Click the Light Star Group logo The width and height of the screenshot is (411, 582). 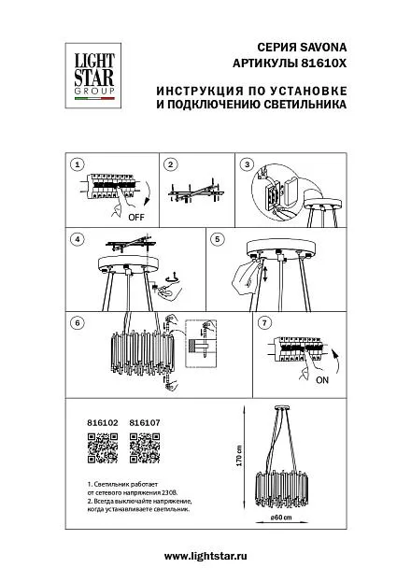[93, 76]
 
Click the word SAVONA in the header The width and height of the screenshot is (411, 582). [323, 47]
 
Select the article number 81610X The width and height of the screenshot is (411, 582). [322, 64]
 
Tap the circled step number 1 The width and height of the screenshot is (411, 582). [78, 164]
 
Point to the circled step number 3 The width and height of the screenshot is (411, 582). [247, 164]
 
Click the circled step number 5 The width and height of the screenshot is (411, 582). [218, 239]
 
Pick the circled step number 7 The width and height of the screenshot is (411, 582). [264, 322]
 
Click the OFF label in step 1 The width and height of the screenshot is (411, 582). [136, 218]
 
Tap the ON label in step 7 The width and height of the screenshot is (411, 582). [322, 380]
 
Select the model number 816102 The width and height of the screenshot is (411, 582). [103, 423]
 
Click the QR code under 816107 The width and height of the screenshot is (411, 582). [145, 448]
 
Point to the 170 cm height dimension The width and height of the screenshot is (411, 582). [239, 456]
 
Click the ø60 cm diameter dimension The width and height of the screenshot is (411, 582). [281, 518]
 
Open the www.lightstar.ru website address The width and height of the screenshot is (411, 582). [205, 556]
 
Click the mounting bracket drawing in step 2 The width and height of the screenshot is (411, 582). [196, 192]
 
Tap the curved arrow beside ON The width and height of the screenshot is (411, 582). [338, 361]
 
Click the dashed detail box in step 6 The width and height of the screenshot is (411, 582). [201, 344]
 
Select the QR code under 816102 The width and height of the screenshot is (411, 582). [103, 448]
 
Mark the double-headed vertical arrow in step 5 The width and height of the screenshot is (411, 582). [266, 275]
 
